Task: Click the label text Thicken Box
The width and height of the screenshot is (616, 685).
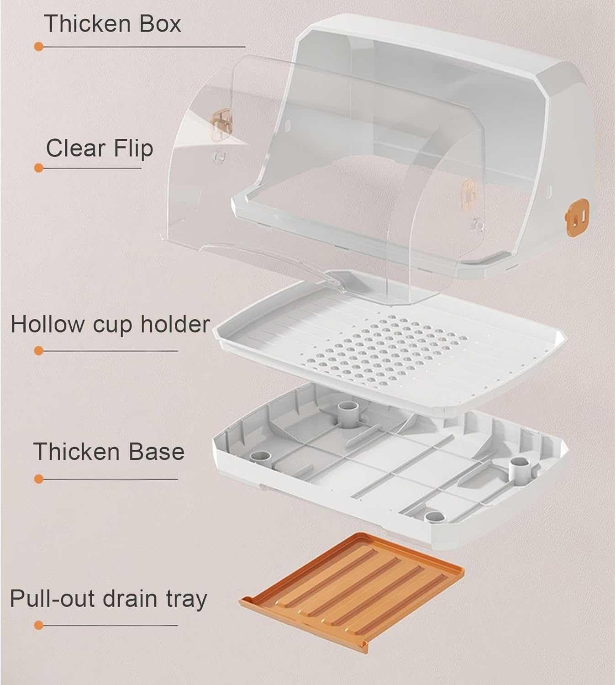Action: pos(112,23)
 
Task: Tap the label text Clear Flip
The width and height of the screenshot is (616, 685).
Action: pos(99,148)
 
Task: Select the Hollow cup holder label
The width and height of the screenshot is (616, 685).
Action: pos(110,324)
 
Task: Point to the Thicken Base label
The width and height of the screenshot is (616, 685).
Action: pos(109,451)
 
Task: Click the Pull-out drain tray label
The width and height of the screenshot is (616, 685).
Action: pos(108,599)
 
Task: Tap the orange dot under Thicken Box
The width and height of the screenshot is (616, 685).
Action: pos(39,47)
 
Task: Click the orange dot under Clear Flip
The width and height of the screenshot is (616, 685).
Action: pos(39,168)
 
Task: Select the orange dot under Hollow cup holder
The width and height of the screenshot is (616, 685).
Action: pos(39,351)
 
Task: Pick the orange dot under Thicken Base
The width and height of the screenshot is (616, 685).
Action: pos(39,479)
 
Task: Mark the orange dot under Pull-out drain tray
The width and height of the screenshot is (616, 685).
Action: pos(39,625)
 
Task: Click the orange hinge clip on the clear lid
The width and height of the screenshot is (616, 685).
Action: pos(221,122)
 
